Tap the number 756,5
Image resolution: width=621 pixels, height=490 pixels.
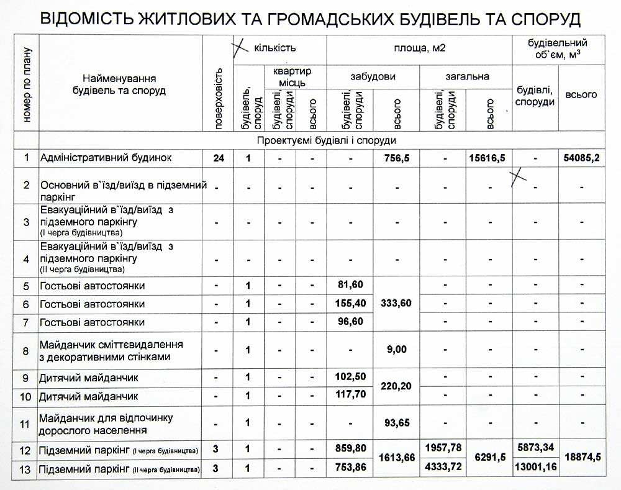(397, 158)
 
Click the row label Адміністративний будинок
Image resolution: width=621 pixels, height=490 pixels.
(106, 158)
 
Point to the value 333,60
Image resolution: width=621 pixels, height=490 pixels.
(396, 303)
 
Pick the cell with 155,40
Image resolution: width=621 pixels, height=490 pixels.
(350, 304)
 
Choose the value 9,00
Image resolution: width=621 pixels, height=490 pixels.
(396, 350)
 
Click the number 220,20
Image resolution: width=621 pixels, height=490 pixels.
(396, 386)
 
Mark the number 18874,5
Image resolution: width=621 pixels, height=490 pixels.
(582, 456)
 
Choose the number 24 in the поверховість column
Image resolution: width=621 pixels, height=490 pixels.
(218, 158)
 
